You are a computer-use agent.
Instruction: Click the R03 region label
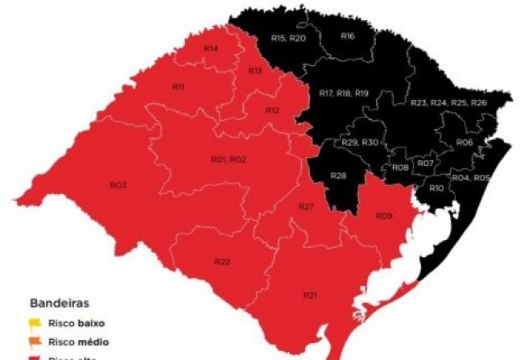118,185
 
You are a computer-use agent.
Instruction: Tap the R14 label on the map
211,48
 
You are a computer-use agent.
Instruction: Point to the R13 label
255,71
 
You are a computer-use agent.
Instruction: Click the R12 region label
272,110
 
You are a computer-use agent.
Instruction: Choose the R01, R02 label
228,159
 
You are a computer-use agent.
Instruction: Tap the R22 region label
222,263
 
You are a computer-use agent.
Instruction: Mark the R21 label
310,296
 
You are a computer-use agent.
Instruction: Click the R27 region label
305,207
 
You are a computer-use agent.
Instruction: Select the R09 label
384,216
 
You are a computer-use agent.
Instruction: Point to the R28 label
338,176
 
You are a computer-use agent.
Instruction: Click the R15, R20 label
288,38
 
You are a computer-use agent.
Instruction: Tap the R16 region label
348,36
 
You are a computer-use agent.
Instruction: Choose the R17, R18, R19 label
344,93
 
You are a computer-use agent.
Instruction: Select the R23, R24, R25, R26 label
448,103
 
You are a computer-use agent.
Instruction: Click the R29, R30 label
360,142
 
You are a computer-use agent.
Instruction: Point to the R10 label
436,188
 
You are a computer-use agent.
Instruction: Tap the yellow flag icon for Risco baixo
35,324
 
